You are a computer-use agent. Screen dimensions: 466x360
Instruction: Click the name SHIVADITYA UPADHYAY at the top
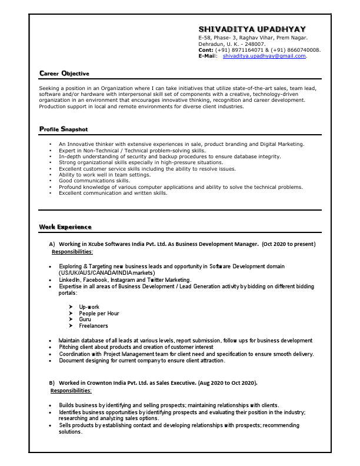252,29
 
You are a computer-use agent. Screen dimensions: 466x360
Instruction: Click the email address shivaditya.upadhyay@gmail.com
265,56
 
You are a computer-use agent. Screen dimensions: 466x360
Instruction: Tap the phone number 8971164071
247,50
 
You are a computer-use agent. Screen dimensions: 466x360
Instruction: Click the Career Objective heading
64,74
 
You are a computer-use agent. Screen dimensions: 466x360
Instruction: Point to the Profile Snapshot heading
64,129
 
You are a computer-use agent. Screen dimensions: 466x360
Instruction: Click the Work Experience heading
65,227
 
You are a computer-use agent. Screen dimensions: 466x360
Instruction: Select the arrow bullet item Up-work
89,307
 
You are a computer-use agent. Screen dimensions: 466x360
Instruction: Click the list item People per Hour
99,314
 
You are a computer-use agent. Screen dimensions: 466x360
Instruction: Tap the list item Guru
85,319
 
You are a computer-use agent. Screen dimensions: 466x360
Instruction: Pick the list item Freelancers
94,326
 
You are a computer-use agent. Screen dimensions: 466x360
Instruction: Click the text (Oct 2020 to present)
289,244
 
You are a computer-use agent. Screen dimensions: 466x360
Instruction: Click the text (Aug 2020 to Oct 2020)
225,383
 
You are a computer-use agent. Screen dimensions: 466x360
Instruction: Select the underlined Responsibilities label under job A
72,252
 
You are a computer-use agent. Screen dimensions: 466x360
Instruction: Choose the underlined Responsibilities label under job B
71,391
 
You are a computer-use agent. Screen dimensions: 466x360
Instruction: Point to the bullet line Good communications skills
94,181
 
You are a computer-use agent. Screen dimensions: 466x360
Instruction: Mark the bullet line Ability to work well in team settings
105,175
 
